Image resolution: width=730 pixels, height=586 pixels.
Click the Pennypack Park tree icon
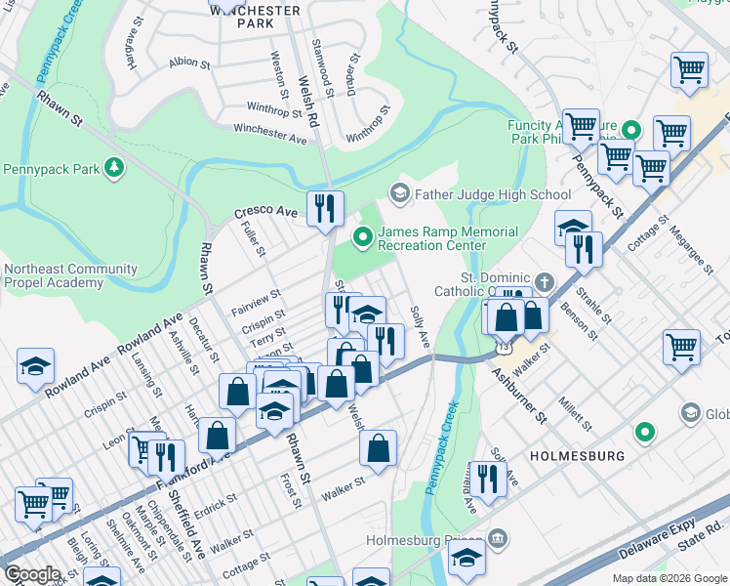point(115,169)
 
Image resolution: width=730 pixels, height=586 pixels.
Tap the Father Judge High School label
point(493,194)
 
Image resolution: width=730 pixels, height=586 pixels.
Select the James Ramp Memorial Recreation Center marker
point(363,234)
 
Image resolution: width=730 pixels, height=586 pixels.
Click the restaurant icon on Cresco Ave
point(325,207)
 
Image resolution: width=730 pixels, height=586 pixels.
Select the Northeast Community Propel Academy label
point(68,275)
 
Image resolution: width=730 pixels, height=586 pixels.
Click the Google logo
point(32,574)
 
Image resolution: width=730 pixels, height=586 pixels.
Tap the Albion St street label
point(189,63)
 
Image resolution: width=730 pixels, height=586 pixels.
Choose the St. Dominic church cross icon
point(546,281)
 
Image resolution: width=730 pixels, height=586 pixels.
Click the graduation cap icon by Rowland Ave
point(35,367)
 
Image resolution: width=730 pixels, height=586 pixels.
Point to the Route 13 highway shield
point(503,347)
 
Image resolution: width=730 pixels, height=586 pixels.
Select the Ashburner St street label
point(517,395)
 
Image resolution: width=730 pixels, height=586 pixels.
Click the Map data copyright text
point(669,577)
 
